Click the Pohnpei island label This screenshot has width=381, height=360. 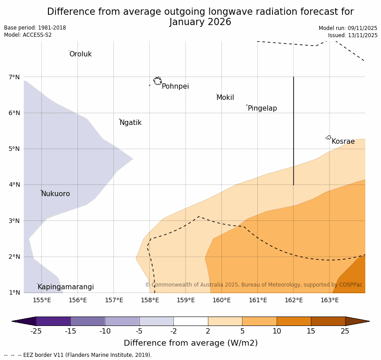pyautogui.click(x=175, y=86)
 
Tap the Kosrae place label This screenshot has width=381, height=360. pyautogui.click(x=343, y=141)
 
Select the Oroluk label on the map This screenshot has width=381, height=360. pyautogui.click(x=80, y=54)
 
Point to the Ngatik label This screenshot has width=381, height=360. pyautogui.click(x=130, y=123)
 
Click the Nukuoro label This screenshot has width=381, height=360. pyautogui.click(x=56, y=194)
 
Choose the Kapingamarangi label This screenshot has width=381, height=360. pyautogui.click(x=65, y=287)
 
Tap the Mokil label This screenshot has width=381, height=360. pyautogui.click(x=225, y=98)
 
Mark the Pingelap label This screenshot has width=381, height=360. pyautogui.click(x=262, y=108)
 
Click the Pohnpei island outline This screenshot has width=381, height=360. pyautogui.click(x=157, y=81)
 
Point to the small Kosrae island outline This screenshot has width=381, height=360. pyautogui.click(x=329, y=137)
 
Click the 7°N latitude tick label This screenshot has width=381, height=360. pyautogui.click(x=14, y=77)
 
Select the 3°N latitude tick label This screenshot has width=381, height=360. pyautogui.click(x=14, y=221)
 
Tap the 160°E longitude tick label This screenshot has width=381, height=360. pyautogui.click(x=221, y=300)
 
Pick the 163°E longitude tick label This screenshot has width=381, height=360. pyautogui.click(x=329, y=300)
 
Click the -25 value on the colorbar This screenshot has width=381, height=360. pyautogui.click(x=36, y=331)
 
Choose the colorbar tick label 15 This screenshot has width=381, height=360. pyautogui.click(x=311, y=331)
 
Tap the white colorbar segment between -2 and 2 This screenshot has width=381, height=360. pyautogui.click(x=190, y=321)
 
